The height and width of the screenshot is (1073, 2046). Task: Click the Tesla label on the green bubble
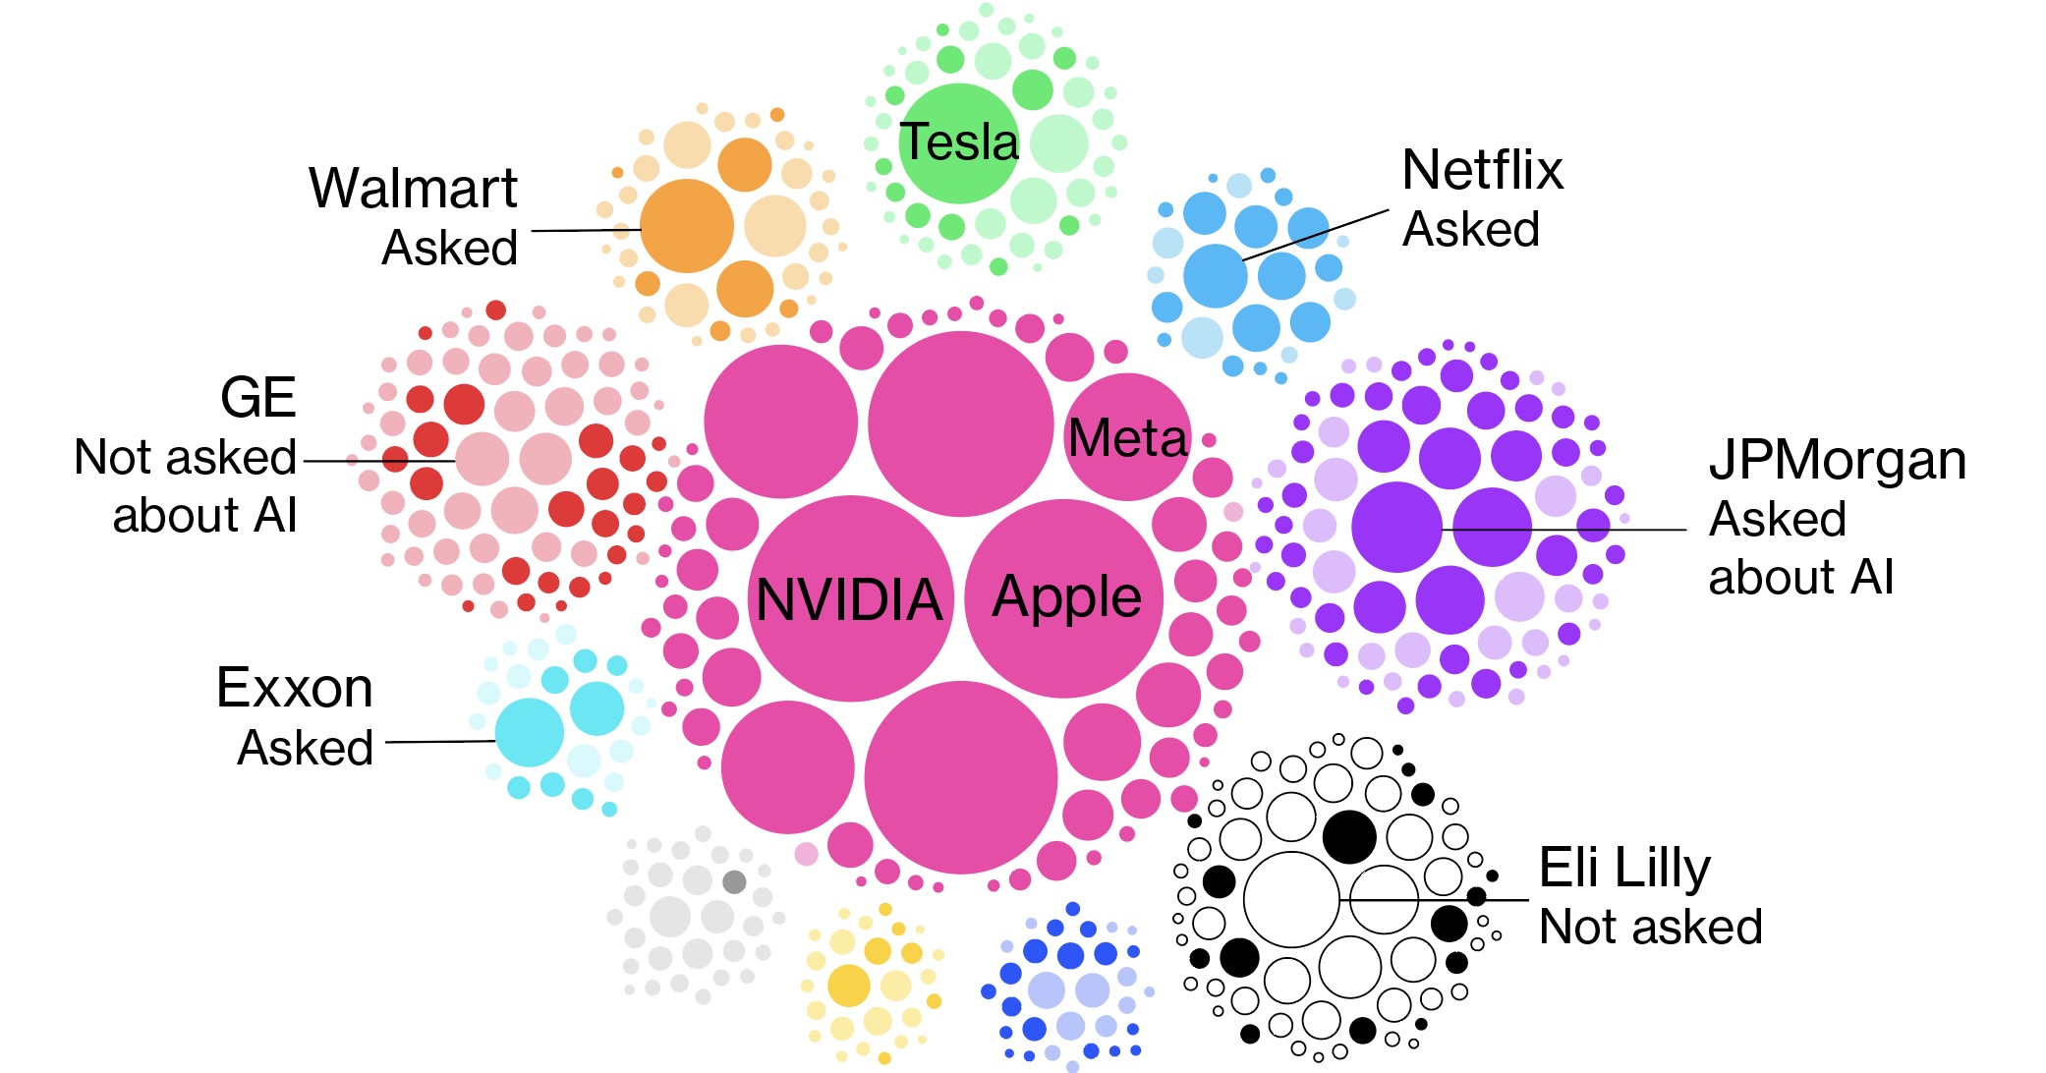point(959,142)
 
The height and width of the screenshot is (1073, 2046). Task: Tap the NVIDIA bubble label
point(849,599)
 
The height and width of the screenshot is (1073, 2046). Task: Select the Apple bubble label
point(1066,596)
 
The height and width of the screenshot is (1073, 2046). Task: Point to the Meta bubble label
point(1127,438)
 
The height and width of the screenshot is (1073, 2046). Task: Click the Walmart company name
point(413,188)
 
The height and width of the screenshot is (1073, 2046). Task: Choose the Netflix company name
point(1482,170)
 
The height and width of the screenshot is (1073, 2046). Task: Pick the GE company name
point(257,398)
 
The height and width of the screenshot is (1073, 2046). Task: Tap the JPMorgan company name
point(1838,460)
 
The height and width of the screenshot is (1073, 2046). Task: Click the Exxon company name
point(294,688)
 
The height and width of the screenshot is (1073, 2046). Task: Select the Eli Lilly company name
point(1624,868)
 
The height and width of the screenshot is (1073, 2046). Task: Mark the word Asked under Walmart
point(449,248)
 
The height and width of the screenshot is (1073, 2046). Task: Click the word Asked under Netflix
point(1470,230)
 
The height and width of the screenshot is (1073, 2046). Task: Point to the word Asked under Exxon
point(305,748)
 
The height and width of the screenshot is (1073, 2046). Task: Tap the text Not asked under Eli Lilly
point(1650,927)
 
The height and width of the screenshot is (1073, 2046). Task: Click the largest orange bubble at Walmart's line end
point(686,226)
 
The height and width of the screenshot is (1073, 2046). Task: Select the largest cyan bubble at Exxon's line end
point(529,733)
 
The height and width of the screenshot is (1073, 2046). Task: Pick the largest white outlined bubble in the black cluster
point(1291,899)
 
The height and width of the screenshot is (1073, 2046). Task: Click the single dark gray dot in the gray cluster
point(734,881)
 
